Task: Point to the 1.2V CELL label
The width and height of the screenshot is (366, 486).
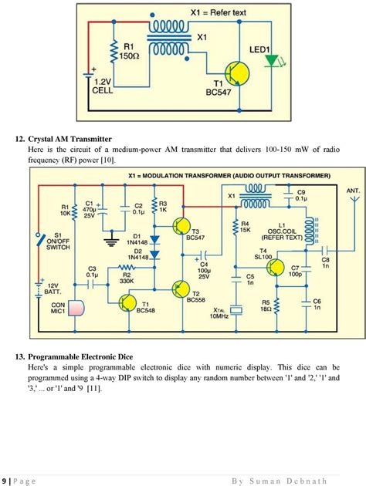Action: [103, 85]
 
